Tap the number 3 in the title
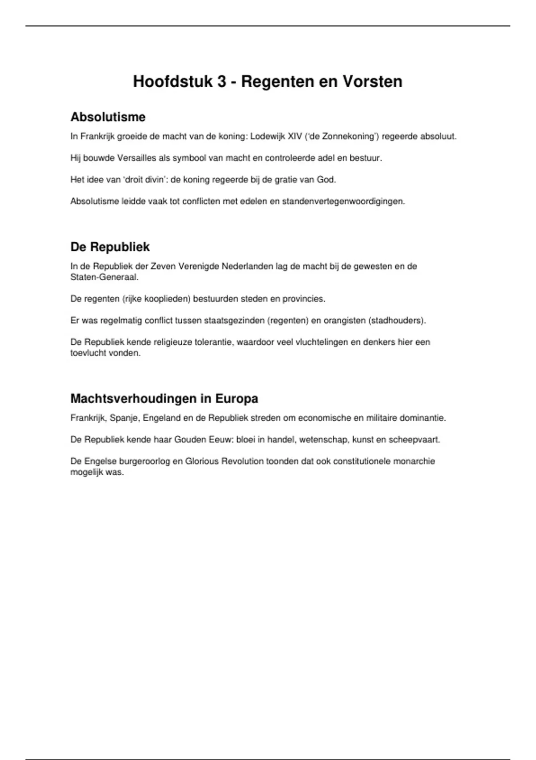pos(222,81)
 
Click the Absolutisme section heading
pos(108,117)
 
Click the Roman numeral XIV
pos(295,136)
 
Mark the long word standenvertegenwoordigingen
pos(343,201)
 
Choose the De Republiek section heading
pos(110,247)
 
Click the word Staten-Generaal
pos(104,277)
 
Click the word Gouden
pos(190,439)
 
